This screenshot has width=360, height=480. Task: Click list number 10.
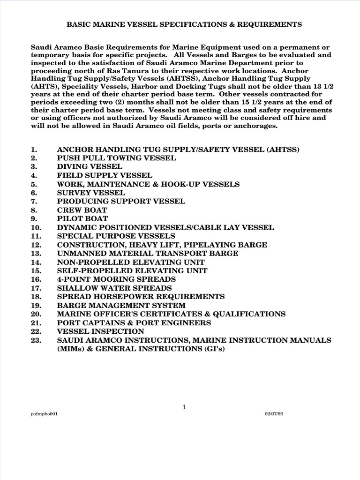coord(35,227)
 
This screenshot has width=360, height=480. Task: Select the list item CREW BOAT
coord(82,210)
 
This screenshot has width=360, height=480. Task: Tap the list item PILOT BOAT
coord(82,218)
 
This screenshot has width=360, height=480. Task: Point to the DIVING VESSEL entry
coord(90,166)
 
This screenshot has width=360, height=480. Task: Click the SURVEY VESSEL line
coord(91,193)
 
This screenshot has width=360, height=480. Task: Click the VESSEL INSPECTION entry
coord(96,331)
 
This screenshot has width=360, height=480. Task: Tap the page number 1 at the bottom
coord(185,407)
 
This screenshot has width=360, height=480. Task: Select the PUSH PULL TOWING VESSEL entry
coord(117,158)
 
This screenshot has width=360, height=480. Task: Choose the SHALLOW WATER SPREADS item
coord(114,288)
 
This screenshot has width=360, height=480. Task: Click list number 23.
coord(35,340)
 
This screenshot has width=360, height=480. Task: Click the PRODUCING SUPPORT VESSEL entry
coord(121,201)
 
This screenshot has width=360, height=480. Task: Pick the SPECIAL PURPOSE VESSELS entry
coord(116,236)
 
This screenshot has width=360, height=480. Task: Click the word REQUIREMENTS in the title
coord(265,24)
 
